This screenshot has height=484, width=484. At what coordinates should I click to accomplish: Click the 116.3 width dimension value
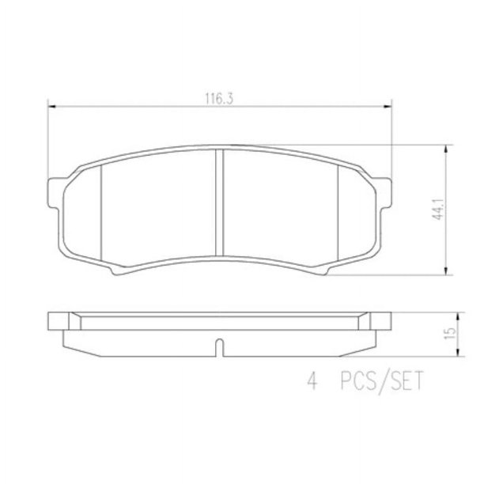click(219, 99)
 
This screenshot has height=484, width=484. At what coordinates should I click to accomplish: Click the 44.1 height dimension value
click(438, 210)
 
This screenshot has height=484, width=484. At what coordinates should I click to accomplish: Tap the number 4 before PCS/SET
click(312, 381)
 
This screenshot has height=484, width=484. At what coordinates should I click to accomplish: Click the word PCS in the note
click(358, 381)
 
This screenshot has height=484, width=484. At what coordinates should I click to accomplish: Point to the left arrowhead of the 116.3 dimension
click(52, 107)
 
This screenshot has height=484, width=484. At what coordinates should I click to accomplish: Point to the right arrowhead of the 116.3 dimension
click(387, 107)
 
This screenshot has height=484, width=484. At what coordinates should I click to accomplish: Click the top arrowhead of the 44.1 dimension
click(445, 149)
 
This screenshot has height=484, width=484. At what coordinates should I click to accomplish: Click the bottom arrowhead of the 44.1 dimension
click(445, 271)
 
